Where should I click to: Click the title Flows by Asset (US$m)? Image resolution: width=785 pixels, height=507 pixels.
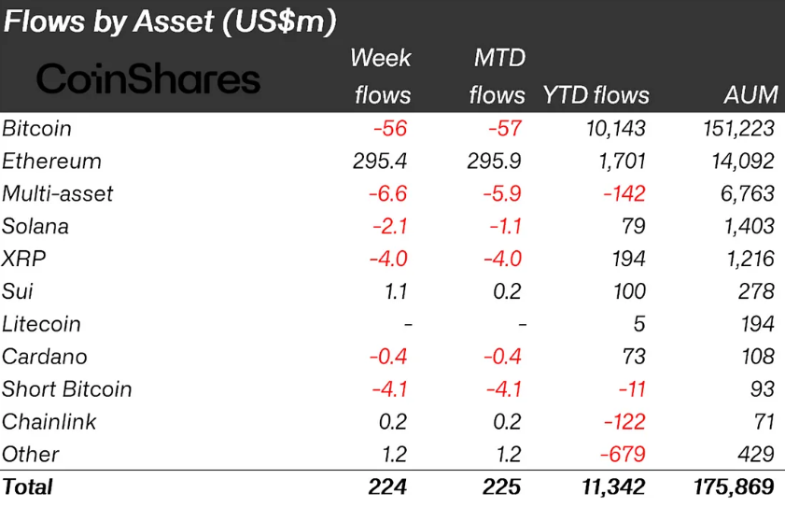point(170,21)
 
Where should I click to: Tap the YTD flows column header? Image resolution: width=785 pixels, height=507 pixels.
point(596,95)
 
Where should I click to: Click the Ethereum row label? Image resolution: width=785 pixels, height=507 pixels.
point(51,161)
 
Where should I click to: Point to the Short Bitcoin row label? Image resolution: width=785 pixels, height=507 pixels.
point(67,389)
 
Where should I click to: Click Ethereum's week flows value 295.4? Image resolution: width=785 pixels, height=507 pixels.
point(380,161)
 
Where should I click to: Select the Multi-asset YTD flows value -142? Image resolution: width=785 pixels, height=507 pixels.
point(623,193)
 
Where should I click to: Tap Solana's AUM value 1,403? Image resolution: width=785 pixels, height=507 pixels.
point(747,226)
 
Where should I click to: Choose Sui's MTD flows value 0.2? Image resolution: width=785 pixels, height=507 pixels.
point(507,291)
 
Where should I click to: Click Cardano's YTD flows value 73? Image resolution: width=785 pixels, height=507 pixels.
point(635,357)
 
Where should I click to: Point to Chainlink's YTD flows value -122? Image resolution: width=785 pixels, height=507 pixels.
point(623,422)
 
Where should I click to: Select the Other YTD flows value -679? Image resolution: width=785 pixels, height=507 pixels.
point(621,455)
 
